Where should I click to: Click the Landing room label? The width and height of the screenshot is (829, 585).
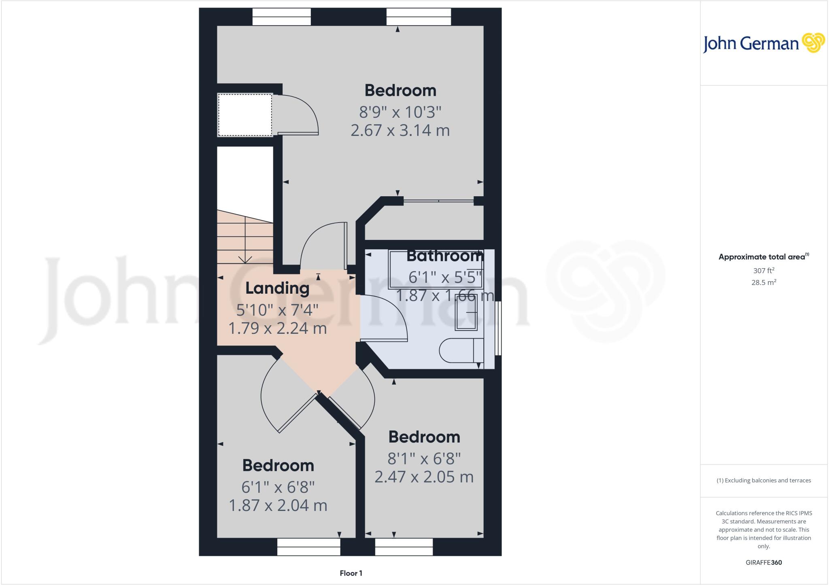pos(277,288)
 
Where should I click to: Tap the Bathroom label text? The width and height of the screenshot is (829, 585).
pos(444,256)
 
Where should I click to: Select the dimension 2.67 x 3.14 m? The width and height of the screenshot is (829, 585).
pos(400,130)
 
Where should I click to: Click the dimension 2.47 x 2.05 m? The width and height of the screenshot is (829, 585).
pos(424,477)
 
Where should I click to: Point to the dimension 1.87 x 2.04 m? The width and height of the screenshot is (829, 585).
pos(278,505)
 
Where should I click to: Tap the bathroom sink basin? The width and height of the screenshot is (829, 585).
pos(466,312)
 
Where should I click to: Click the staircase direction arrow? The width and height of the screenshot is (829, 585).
pos(245,259)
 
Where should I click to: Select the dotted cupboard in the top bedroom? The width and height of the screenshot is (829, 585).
pos(245,115)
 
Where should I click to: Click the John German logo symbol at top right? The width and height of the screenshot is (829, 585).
pos(813,43)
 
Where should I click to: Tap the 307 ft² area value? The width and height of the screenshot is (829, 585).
pos(763,271)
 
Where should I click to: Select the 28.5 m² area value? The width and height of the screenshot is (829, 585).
pos(763,282)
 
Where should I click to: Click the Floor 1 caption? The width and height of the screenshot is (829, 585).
pos(351,573)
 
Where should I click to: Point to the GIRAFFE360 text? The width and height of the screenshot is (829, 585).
pos(763,562)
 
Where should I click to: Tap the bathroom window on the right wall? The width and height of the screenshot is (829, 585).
pos(499,328)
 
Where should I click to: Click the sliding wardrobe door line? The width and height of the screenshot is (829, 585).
pos(439,200)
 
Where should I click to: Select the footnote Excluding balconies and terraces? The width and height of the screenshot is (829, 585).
pos(763,481)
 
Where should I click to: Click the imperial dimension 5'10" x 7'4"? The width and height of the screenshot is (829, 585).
pos(277,310)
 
